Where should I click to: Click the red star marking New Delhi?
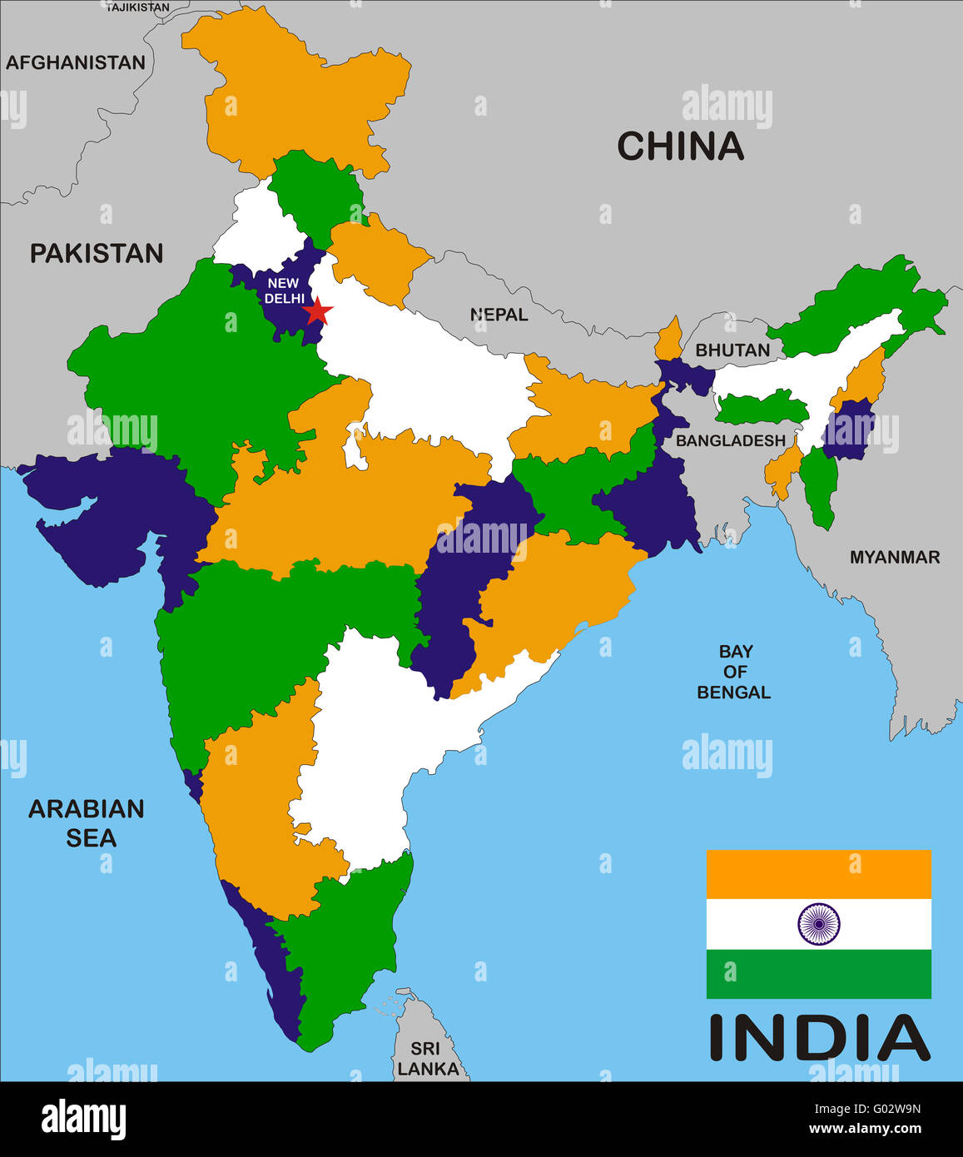[317, 312]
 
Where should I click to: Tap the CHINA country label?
[680, 146]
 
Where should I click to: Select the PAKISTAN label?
[97, 253]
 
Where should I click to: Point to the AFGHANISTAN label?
[76, 62]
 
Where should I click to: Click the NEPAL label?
[499, 315]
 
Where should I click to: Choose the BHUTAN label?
[732, 350]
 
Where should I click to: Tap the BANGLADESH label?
[730, 440]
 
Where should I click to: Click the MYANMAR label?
[894, 558]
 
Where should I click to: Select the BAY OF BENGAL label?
[733, 672]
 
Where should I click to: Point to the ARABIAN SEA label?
[87, 822]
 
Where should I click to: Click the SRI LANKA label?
[427, 1059]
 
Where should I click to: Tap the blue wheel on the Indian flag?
[819, 924]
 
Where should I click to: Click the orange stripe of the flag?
[819, 874]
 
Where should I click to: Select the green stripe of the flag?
[819, 974]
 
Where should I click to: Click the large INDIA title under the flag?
[819, 1038]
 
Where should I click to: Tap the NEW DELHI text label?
[283, 290]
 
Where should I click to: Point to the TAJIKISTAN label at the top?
[137, 7]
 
